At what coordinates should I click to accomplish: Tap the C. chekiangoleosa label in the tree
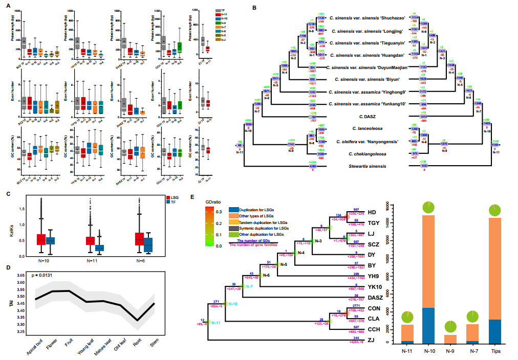(x=367, y=153)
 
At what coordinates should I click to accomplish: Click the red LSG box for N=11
(x=90, y=240)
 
